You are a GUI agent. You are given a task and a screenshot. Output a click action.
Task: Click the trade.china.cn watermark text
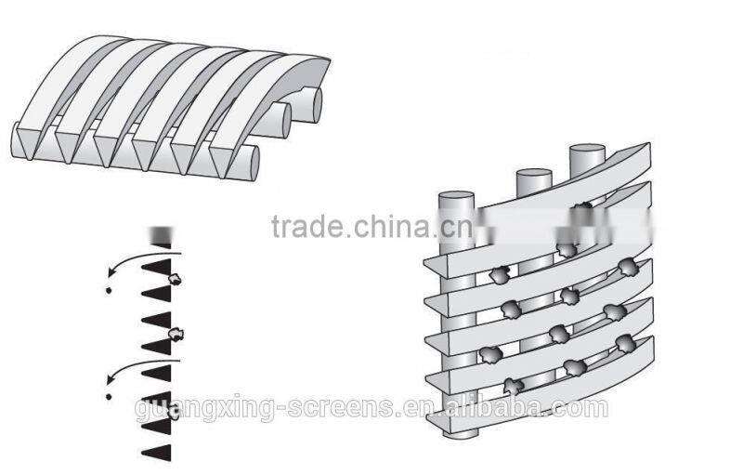pos(372,226)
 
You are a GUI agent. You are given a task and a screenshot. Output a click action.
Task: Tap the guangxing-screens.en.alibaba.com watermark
pos(371,408)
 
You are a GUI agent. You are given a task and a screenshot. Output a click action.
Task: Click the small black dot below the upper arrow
pos(109,290)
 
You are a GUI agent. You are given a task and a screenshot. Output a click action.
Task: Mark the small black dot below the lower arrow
pos(109,396)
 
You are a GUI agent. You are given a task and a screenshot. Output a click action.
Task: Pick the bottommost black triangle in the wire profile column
pos(157,454)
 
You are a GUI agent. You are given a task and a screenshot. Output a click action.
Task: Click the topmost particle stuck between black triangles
pos(175,279)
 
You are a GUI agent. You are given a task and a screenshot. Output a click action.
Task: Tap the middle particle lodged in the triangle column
pos(176,335)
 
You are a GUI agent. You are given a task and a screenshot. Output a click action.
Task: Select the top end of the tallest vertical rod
pos(587,150)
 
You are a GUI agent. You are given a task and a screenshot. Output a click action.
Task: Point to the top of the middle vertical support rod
pos(534,174)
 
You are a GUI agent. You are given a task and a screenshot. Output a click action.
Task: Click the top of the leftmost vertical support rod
pos(456,197)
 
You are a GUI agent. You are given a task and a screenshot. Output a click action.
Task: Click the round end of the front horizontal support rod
pos(252,163)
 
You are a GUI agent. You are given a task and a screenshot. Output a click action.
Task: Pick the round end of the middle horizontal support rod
pos(285,121)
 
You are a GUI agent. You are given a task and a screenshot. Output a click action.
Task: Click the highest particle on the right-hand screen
pos(582,205)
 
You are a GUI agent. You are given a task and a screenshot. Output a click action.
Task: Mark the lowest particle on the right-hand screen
pos(514,387)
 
